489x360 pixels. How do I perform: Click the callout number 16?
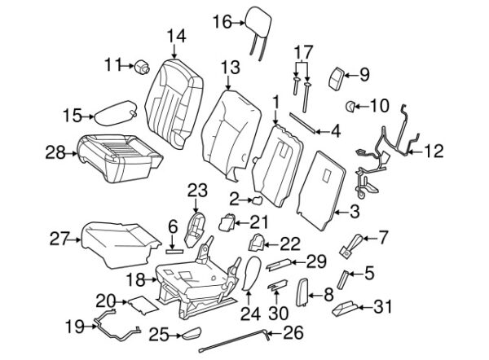[222, 22]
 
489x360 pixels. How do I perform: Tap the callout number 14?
[176, 36]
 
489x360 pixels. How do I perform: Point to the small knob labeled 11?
[140, 64]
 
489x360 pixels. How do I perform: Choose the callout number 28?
[55, 151]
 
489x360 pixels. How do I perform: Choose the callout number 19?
[73, 327]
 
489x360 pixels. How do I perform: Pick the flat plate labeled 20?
[134, 305]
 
